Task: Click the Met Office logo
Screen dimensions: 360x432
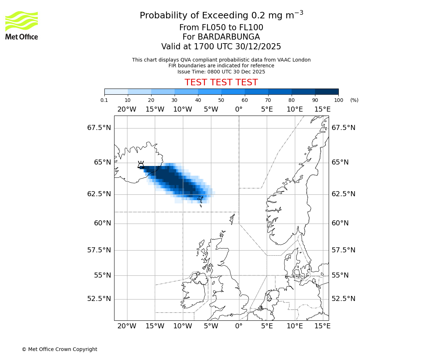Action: point(22,25)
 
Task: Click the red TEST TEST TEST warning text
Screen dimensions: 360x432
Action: point(221,82)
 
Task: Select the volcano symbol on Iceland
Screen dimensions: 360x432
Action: point(141,165)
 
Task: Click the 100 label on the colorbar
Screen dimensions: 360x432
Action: point(338,100)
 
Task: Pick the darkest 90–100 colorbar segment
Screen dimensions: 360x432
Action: point(327,91)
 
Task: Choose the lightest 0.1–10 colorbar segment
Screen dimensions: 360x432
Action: point(116,91)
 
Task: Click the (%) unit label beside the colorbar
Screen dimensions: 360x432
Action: point(354,100)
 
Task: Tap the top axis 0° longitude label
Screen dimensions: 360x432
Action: point(239,109)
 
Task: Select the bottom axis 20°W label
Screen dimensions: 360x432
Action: point(127,326)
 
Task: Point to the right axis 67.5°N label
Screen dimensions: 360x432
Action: point(343,128)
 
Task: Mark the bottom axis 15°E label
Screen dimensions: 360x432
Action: point(323,326)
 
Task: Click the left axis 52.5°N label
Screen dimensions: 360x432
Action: point(99,299)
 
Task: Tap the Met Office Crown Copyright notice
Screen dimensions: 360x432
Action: point(59,349)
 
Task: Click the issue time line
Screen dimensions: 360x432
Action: point(221,72)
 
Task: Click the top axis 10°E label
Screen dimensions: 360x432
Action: point(294,109)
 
